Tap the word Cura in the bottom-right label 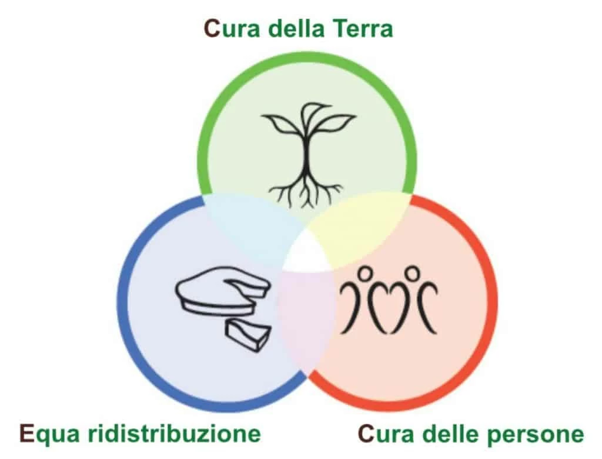click(383, 434)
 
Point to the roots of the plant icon click(306, 191)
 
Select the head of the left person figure click(366, 274)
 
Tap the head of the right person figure click(413, 274)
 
